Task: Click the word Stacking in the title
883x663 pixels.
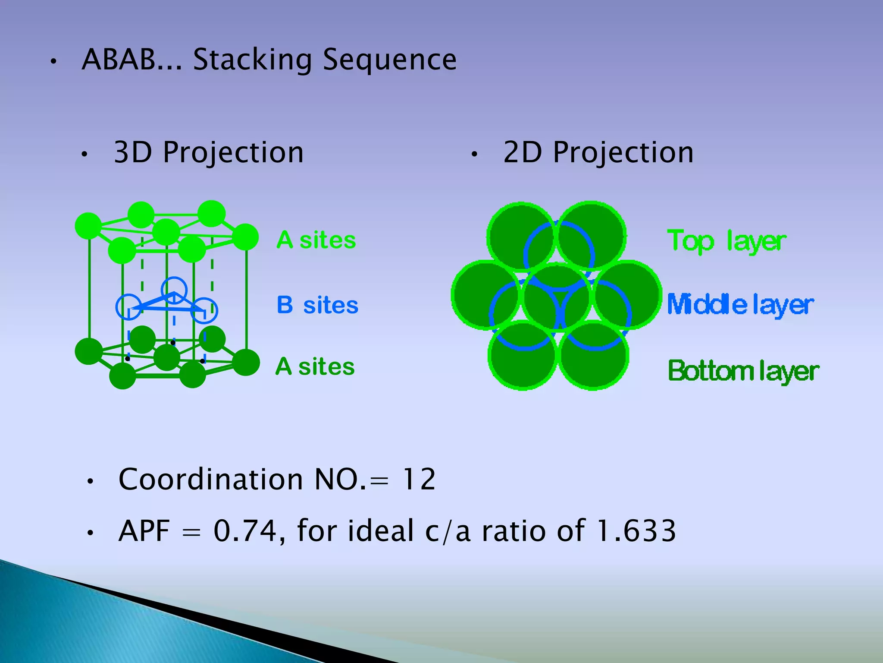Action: tap(252, 60)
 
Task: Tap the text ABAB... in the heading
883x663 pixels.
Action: tap(132, 60)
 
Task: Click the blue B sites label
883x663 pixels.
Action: tap(317, 305)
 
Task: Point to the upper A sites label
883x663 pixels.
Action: tap(316, 240)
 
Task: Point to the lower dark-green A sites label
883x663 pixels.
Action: tap(315, 366)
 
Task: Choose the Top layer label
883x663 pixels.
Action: tap(726, 241)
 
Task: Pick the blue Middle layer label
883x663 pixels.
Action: tap(740, 305)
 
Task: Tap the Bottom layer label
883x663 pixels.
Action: tap(743, 371)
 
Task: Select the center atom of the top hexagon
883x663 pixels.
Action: tap(166, 232)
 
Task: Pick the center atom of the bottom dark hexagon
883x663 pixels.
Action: tap(166, 357)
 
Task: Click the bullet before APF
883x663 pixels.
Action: tap(90, 533)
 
